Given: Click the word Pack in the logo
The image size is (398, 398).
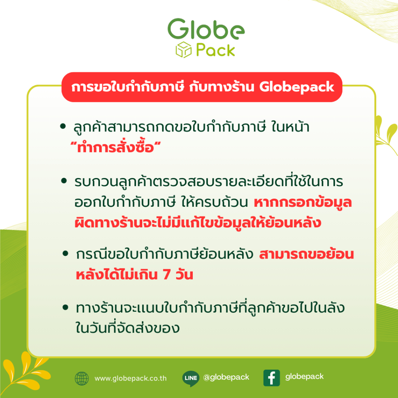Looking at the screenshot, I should pyautogui.click(x=215, y=51).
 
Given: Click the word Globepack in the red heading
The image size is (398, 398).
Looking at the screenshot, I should pyautogui.click(x=297, y=87).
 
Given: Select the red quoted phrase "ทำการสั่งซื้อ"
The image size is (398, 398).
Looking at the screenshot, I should pyautogui.click(x=115, y=148).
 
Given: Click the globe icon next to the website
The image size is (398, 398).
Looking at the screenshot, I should pyautogui.click(x=82, y=378).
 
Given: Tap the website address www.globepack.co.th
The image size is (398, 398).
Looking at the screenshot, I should pyautogui.click(x=131, y=378).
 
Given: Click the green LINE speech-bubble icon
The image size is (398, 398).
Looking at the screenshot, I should pyautogui.click(x=191, y=378).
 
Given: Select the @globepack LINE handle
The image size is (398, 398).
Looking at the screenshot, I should pyautogui.click(x=226, y=377).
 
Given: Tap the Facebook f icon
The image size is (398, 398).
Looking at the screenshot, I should pyautogui.click(x=271, y=378).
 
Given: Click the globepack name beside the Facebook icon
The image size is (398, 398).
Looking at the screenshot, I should pyautogui.click(x=304, y=377).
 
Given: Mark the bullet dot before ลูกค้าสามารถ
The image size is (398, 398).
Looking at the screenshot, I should pyautogui.click(x=63, y=127).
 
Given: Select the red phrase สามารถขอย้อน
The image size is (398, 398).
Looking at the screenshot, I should pyautogui.click(x=306, y=255).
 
